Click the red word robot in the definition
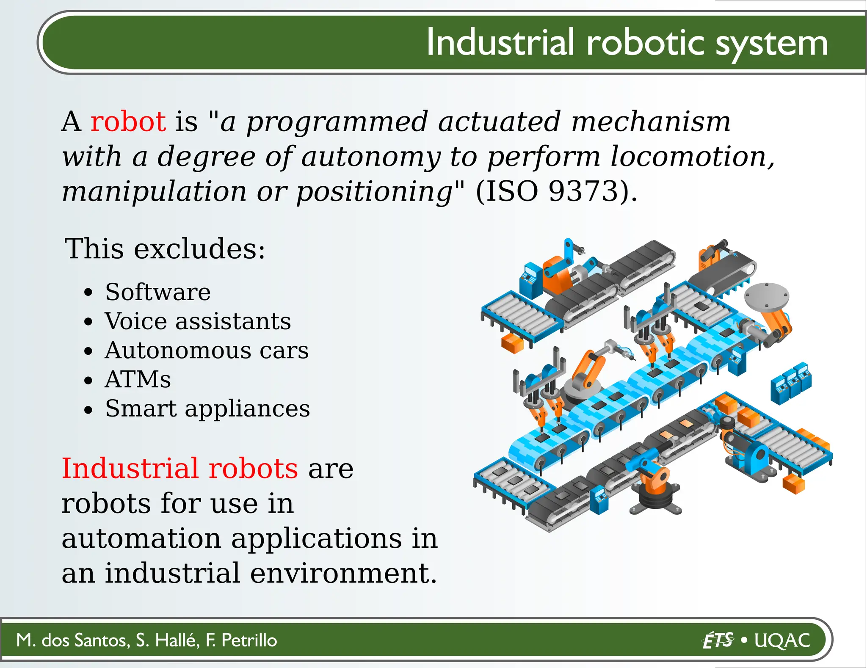(128, 122)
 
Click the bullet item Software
(157, 292)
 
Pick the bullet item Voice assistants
(198, 321)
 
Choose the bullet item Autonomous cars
(207, 351)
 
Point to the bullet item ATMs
(138, 379)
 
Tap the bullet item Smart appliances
(207, 409)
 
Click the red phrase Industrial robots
(180, 469)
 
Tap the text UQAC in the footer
(782, 640)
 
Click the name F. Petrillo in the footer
(241, 640)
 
